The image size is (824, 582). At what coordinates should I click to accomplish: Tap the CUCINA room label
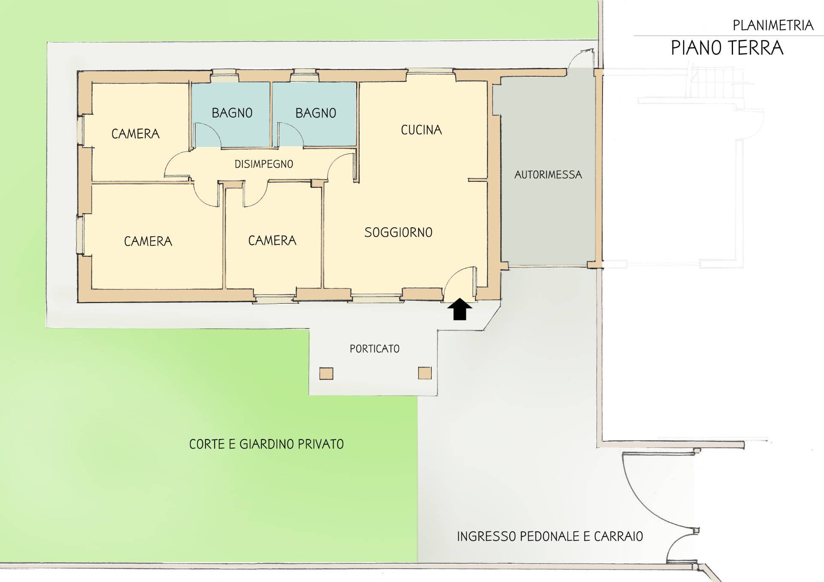pyautogui.click(x=421, y=130)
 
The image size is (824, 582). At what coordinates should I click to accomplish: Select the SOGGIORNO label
pyautogui.click(x=398, y=232)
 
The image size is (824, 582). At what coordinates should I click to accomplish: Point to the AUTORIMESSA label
pyautogui.click(x=548, y=175)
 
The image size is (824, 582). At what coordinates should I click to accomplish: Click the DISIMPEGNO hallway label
pyautogui.click(x=264, y=164)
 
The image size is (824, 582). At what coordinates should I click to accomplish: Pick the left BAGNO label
pyautogui.click(x=232, y=113)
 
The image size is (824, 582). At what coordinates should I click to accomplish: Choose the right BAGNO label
pyautogui.click(x=315, y=113)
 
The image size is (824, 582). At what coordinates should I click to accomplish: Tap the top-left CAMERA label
pyautogui.click(x=135, y=134)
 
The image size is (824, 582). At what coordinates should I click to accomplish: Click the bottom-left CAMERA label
pyautogui.click(x=148, y=241)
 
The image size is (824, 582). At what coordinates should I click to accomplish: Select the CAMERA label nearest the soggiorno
pyautogui.click(x=272, y=241)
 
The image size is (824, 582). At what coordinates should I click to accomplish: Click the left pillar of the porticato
pyautogui.click(x=326, y=374)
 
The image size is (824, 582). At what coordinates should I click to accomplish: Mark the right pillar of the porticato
pyautogui.click(x=425, y=373)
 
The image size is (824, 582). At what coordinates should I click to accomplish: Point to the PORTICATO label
pyautogui.click(x=374, y=349)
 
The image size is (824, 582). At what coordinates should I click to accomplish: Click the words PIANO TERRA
pyautogui.click(x=727, y=48)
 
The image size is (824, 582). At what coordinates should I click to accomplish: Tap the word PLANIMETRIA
pyautogui.click(x=773, y=26)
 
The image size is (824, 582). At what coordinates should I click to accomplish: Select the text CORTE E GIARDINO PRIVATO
pyautogui.click(x=267, y=444)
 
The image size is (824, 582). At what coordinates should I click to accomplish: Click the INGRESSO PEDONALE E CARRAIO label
pyautogui.click(x=550, y=537)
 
